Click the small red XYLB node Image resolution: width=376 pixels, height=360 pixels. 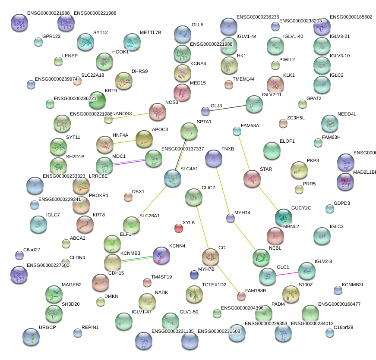(179, 228)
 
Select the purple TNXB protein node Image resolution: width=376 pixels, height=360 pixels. (214, 158)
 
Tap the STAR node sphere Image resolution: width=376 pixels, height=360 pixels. (252, 178)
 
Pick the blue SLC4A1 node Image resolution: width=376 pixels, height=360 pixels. (173, 178)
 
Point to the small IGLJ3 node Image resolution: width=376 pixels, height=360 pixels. (205, 111)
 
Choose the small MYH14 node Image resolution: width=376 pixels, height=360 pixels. (231, 218)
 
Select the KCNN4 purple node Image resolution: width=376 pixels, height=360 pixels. (161, 255)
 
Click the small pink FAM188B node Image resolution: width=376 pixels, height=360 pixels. (241, 296)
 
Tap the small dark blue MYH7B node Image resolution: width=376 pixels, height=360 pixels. (194, 275)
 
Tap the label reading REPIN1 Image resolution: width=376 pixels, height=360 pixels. (90, 327)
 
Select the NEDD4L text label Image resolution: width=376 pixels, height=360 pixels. (347, 114)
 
